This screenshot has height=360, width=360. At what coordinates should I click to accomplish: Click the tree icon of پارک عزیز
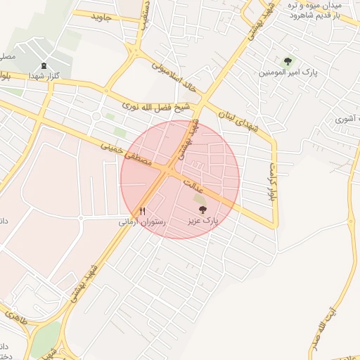(202, 210)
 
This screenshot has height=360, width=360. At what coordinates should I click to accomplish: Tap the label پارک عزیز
(202, 221)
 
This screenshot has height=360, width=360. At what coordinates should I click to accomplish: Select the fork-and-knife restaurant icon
(142, 210)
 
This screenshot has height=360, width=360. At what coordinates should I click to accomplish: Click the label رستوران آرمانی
(143, 221)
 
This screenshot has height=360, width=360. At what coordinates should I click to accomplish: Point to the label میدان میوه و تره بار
(314, 6)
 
